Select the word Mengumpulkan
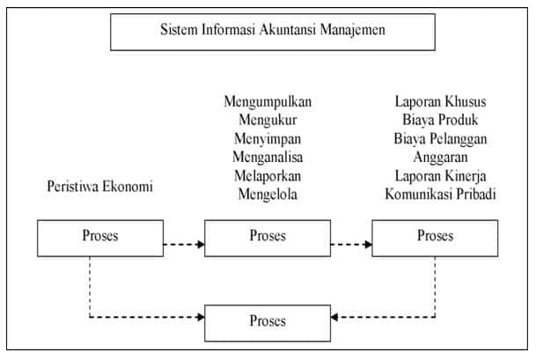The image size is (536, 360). pyautogui.click(x=267, y=102)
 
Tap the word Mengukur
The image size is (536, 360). pyautogui.click(x=267, y=121)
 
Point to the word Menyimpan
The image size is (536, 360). pyautogui.click(x=267, y=139)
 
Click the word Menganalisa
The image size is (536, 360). pyautogui.click(x=267, y=158)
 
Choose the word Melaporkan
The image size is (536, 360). pyautogui.click(x=267, y=175)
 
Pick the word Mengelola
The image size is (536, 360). pyautogui.click(x=267, y=194)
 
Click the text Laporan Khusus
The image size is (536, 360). pyautogui.click(x=440, y=102)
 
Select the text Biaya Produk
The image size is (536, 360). pyautogui.click(x=440, y=121)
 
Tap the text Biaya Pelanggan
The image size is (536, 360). pyautogui.click(x=440, y=139)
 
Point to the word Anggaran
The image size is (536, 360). pyautogui.click(x=440, y=158)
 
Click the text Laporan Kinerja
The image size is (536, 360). pyautogui.click(x=440, y=175)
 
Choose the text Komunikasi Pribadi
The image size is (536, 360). pyautogui.click(x=440, y=194)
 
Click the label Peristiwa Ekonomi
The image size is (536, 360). pyautogui.click(x=99, y=187)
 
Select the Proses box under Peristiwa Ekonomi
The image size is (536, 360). pyautogui.click(x=99, y=237)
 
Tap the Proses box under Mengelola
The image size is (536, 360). pyautogui.click(x=267, y=237)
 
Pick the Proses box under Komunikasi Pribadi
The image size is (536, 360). pyautogui.click(x=435, y=237)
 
